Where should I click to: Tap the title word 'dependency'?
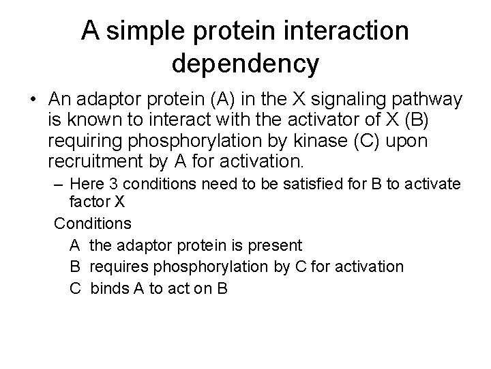[x=245, y=64]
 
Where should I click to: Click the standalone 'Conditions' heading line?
[x=93, y=223]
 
